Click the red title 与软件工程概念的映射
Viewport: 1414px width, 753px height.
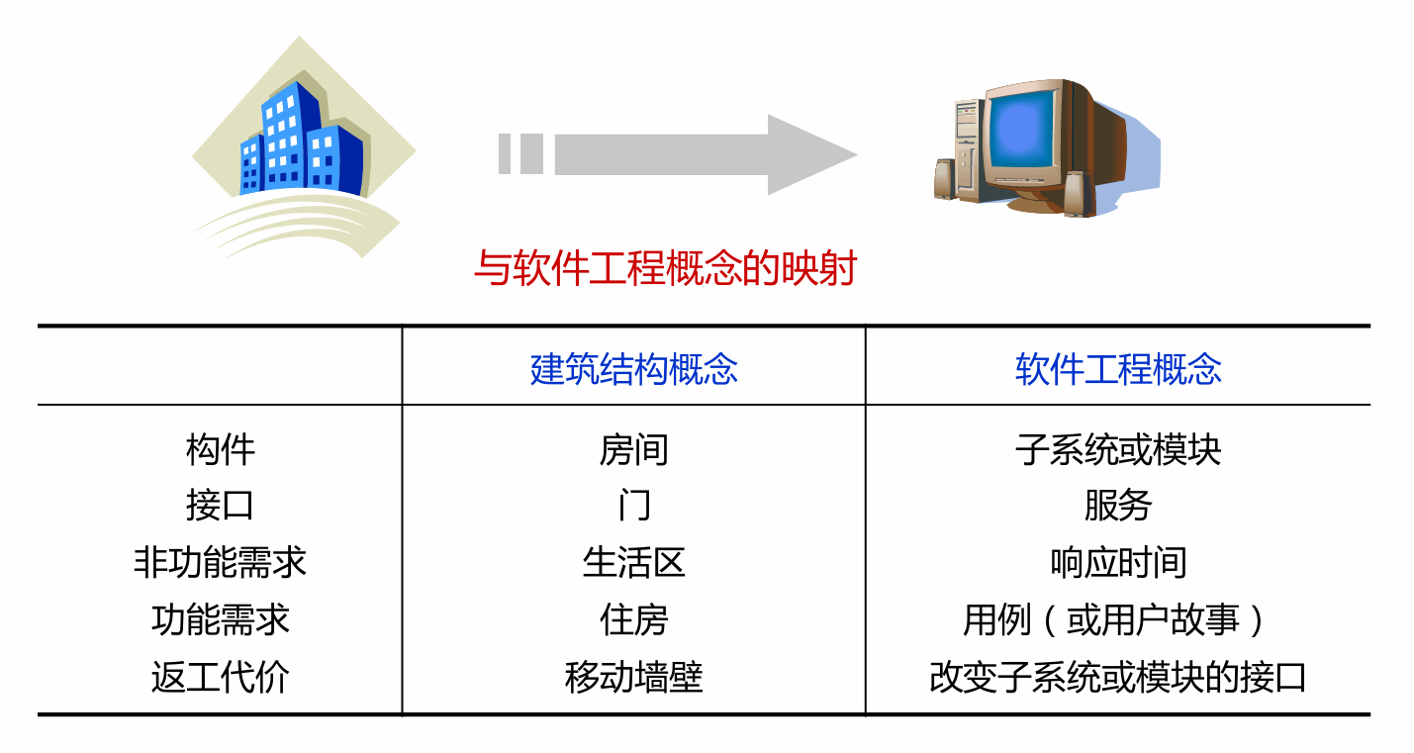664,268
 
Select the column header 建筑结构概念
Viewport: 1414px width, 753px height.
634,369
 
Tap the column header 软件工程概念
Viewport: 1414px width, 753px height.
1118,369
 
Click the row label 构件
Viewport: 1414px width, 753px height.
220,450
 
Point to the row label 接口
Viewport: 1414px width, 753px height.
220,506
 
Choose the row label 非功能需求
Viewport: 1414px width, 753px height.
220,563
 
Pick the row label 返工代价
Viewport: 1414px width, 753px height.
220,678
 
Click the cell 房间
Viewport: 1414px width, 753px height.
634,450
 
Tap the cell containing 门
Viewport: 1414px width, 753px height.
634,506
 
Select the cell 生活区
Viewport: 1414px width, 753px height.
634,563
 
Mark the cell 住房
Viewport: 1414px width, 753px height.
634,620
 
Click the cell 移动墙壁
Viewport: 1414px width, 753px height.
634,678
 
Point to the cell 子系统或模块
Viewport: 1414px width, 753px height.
1118,450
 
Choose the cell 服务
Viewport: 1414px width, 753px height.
1118,506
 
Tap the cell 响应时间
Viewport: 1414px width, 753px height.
1118,563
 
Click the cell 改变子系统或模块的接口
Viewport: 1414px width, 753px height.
1118,678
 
